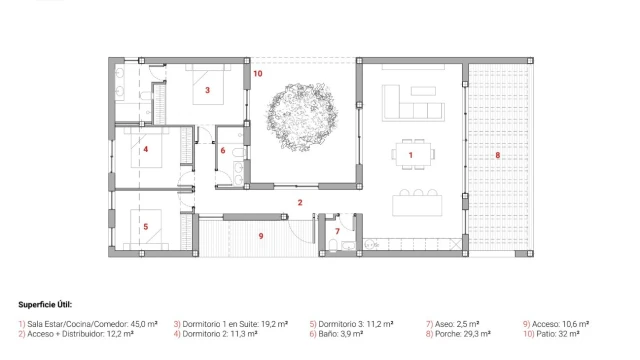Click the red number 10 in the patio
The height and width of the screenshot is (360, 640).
click(x=258, y=73)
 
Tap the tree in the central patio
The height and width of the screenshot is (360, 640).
click(x=301, y=116)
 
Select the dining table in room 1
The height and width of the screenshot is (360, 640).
click(x=413, y=154)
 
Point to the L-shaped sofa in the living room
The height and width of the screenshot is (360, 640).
click(x=413, y=107)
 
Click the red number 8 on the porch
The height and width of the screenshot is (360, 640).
click(x=498, y=155)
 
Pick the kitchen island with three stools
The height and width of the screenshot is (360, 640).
click(x=417, y=203)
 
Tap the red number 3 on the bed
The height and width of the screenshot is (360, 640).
click(x=207, y=90)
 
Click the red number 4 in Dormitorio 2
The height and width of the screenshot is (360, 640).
click(x=146, y=149)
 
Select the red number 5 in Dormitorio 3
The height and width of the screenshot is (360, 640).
click(x=146, y=227)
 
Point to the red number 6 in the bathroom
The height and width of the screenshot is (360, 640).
click(x=223, y=151)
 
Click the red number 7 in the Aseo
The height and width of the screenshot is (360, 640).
click(x=337, y=231)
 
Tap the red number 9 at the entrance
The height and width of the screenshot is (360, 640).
click(x=261, y=236)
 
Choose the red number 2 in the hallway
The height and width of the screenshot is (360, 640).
click(x=300, y=202)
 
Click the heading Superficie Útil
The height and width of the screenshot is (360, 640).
click(x=45, y=304)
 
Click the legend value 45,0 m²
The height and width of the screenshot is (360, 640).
click(x=144, y=324)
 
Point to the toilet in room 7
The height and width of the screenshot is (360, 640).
click(x=333, y=245)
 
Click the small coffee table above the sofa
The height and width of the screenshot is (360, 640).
click(x=423, y=91)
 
